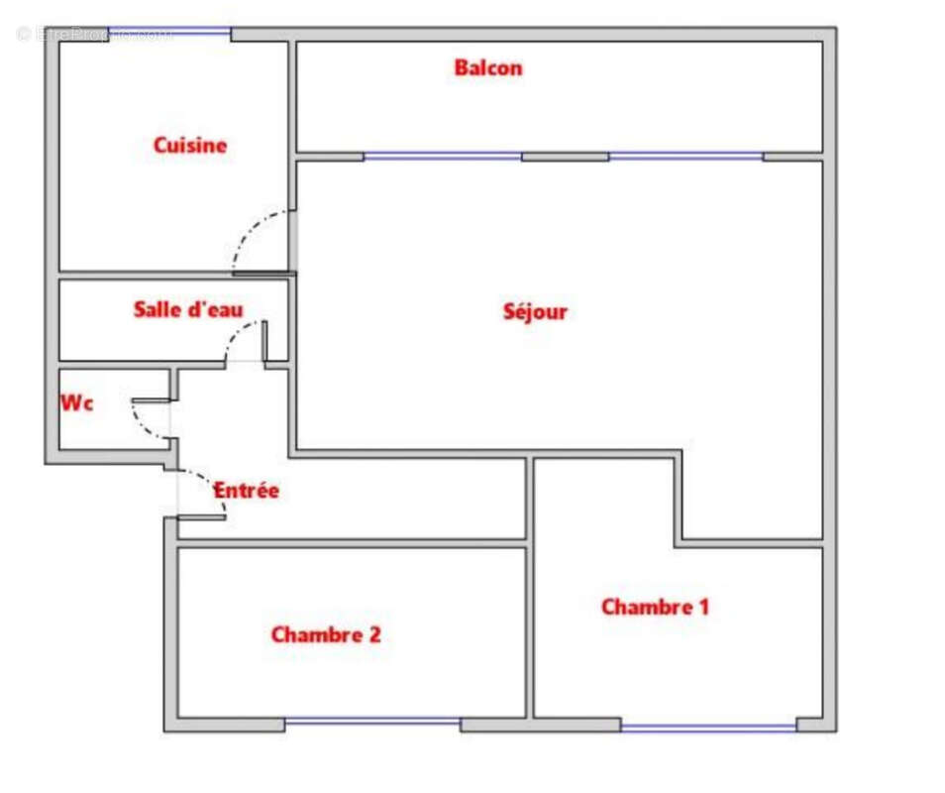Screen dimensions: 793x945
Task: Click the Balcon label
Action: point(487,68)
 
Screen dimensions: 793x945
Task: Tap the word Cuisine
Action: point(189,146)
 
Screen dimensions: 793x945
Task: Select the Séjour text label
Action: point(535,311)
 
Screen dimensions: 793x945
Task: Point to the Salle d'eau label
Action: point(187,310)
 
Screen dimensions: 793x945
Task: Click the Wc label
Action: point(77,403)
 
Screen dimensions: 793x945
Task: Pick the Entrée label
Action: point(247,491)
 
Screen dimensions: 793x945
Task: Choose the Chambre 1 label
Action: point(655,607)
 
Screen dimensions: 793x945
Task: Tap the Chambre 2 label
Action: point(325,634)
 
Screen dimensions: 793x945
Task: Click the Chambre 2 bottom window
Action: point(372,723)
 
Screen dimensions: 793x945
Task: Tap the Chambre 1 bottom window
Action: point(708,728)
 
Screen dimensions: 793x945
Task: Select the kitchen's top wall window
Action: point(169,32)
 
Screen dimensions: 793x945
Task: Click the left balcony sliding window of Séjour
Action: point(443,157)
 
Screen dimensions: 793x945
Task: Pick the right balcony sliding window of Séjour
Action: point(685,157)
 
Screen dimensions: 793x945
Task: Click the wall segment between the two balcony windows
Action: point(565,157)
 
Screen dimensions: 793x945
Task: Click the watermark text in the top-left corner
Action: point(94,35)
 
